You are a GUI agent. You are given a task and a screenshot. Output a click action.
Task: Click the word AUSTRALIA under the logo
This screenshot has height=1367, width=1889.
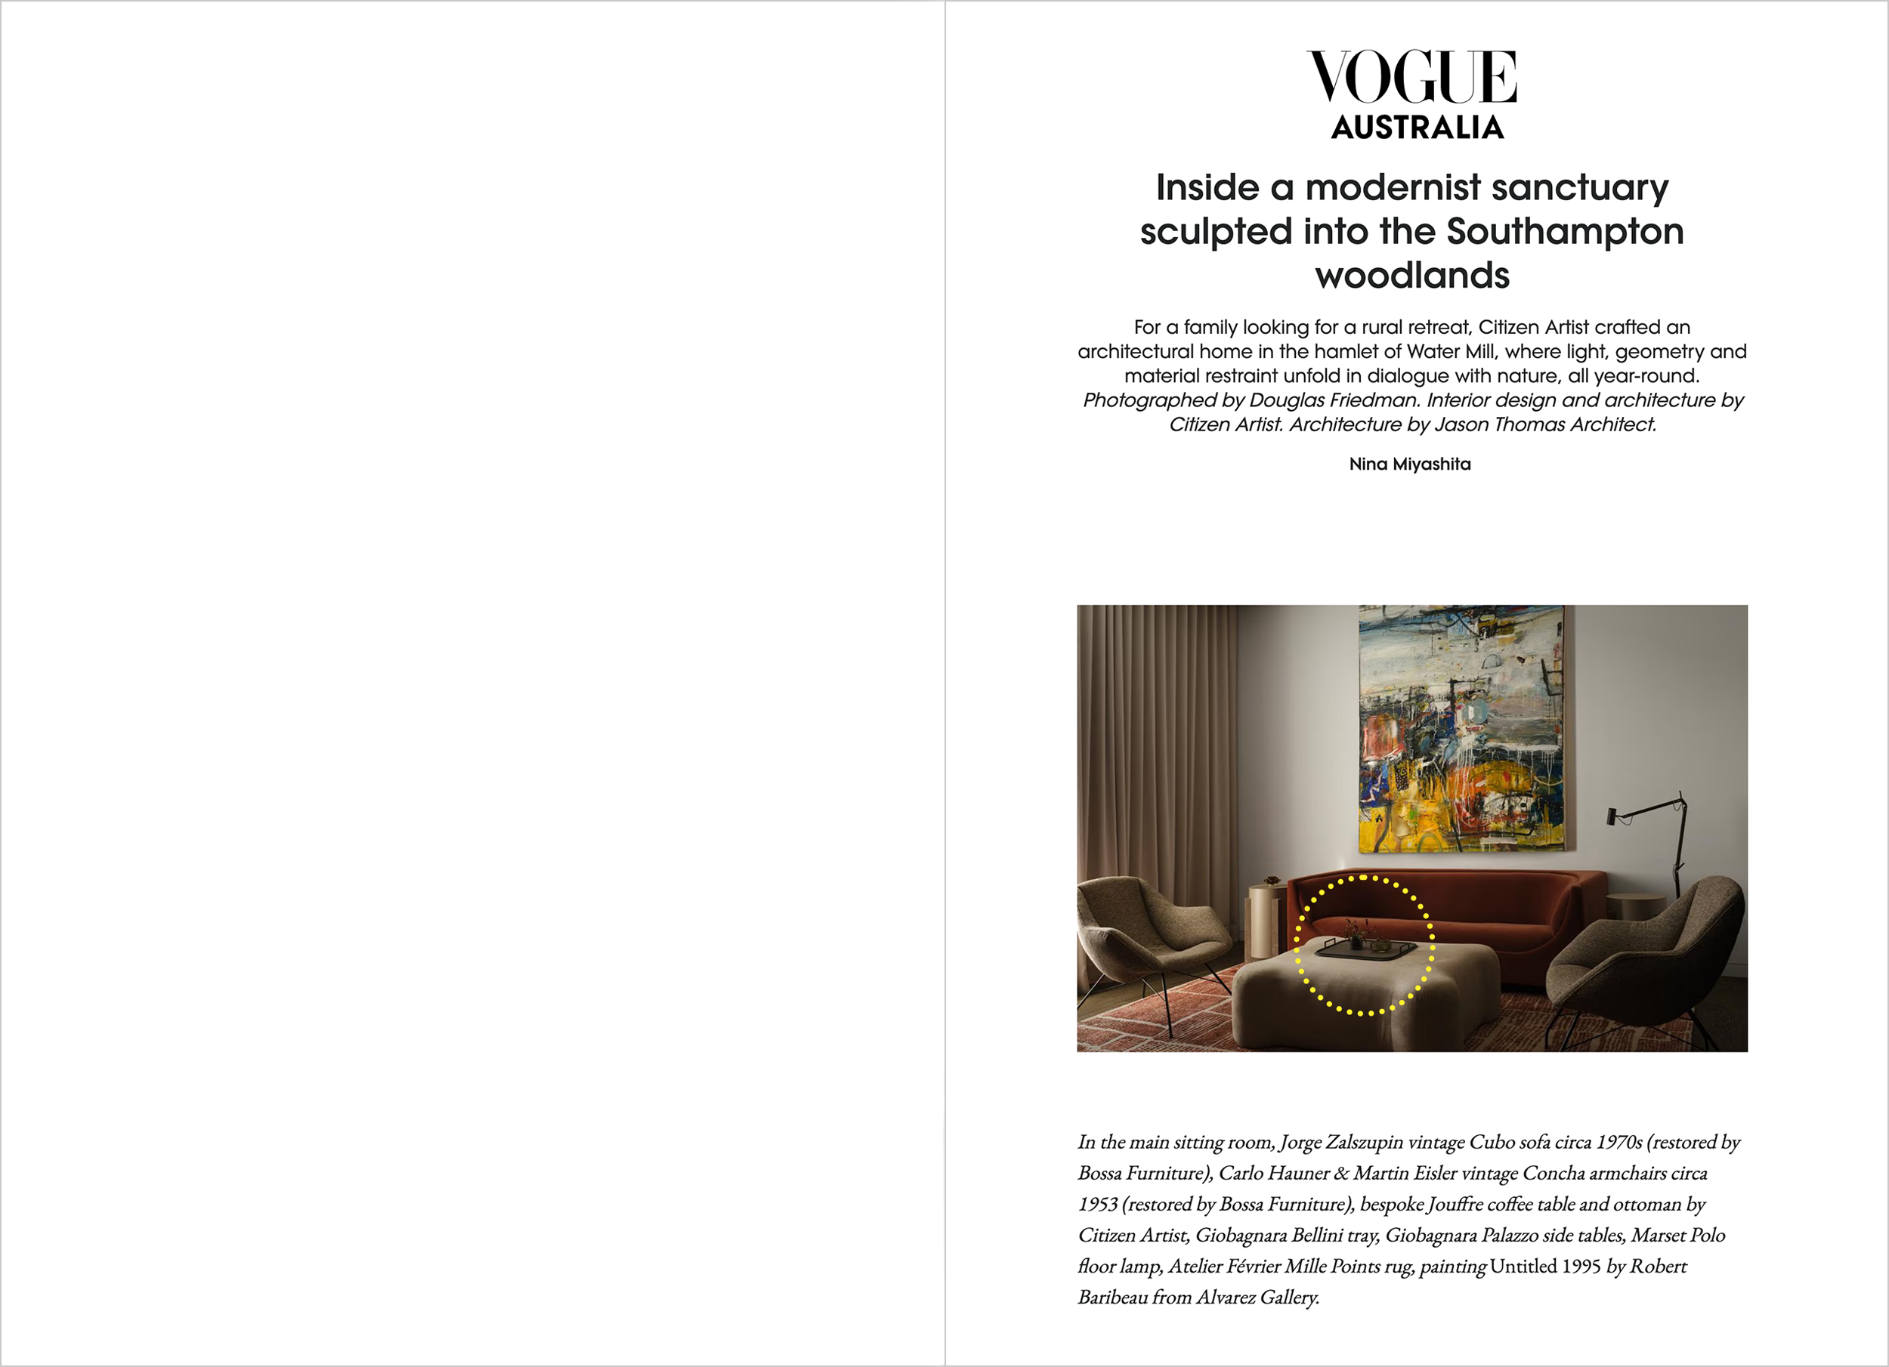pyautogui.click(x=1417, y=128)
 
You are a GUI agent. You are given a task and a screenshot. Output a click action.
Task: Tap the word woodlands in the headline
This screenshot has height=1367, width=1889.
pyautogui.click(x=1411, y=276)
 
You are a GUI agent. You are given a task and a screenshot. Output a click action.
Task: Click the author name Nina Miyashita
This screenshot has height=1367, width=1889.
pyautogui.click(x=1409, y=464)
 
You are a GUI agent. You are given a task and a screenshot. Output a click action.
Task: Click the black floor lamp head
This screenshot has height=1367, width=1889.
pyautogui.click(x=1612, y=815)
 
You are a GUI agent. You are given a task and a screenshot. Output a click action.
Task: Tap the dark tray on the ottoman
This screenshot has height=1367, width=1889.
pyautogui.click(x=1365, y=951)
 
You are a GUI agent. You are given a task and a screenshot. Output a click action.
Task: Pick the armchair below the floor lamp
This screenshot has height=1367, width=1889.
pyautogui.click(x=1645, y=958)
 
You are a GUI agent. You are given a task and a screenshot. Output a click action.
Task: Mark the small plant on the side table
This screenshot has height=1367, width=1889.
pyautogui.click(x=1271, y=880)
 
